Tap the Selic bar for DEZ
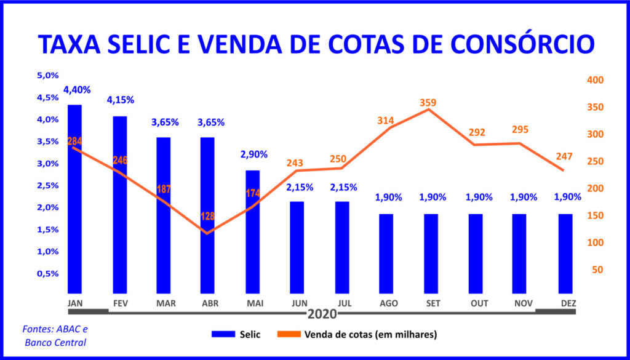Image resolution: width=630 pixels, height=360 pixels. [x=565, y=254]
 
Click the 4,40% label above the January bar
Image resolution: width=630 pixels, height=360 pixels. [x=77, y=90]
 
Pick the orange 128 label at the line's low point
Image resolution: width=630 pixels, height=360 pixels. [x=209, y=217]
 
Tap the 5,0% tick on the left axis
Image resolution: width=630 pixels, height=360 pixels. [x=47, y=76]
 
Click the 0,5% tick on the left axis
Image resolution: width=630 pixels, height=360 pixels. [x=47, y=274]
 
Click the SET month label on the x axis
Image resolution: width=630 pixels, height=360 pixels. [x=431, y=304]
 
